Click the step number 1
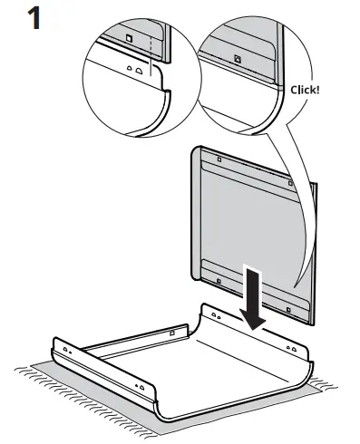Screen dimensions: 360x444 point(35,19)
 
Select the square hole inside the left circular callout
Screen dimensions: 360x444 point(129,38)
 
